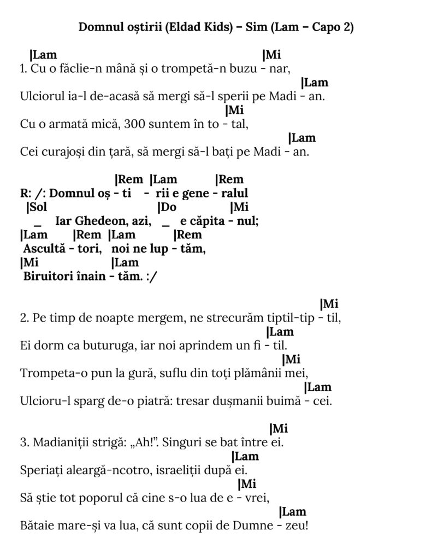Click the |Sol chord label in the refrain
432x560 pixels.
(x=37, y=207)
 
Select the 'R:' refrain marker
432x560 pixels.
(x=25, y=194)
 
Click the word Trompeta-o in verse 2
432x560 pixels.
(x=46, y=374)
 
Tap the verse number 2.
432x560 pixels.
(x=22, y=318)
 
